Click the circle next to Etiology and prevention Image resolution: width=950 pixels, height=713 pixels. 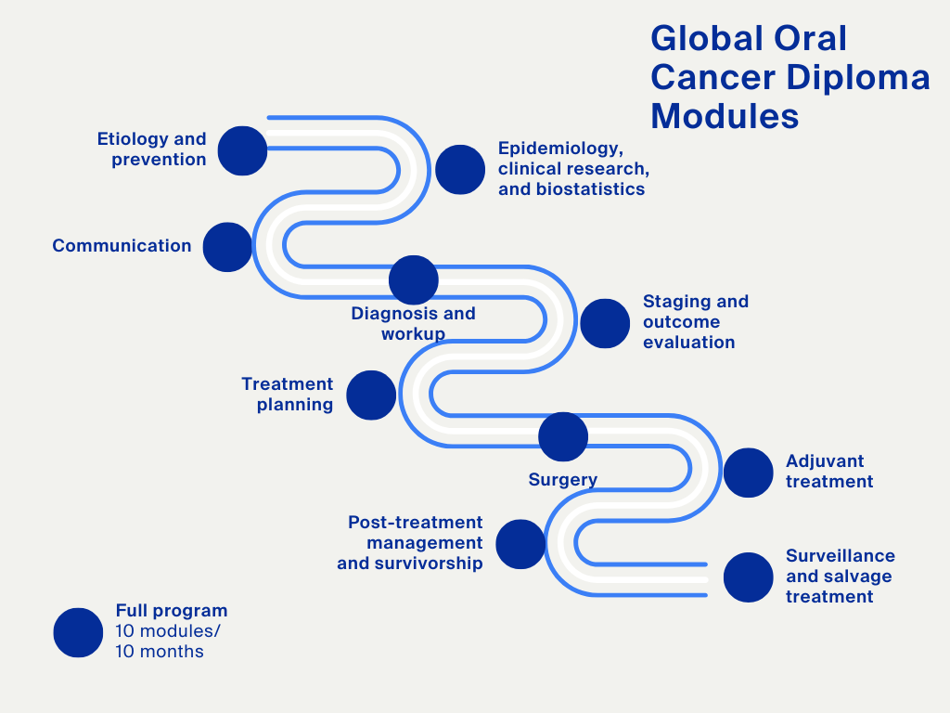coord(242,150)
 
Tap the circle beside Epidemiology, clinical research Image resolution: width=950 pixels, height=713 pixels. coord(460,170)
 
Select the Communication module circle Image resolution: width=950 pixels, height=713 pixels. coord(227,247)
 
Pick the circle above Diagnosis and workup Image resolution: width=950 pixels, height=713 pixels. coord(414,279)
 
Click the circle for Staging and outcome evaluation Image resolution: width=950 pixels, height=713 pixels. coord(605,323)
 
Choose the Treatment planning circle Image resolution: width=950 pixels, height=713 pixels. coord(371,395)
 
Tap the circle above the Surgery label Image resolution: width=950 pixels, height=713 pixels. coord(563,436)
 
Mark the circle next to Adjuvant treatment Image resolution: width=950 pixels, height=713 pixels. coord(749,473)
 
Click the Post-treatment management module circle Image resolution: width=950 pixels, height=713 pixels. coord(520,544)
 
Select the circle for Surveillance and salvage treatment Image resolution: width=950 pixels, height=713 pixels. coord(749,577)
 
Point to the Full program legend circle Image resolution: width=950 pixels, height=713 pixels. coord(78,632)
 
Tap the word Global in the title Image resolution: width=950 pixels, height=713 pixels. coord(696,39)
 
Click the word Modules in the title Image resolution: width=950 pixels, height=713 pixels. coord(725,117)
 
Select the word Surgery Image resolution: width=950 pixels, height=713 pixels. coord(562,480)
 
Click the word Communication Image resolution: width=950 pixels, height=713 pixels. coord(122,246)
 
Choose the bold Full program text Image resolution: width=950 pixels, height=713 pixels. coord(172,611)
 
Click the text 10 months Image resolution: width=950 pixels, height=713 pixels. coord(160,652)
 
